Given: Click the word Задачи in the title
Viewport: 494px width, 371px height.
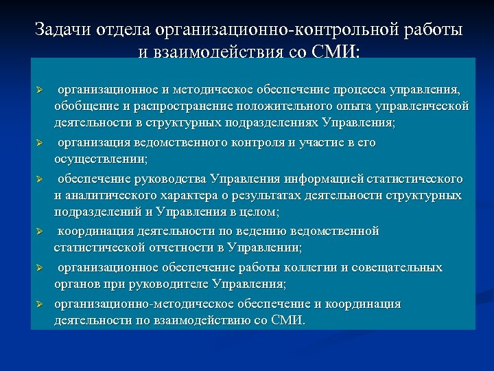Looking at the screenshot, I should click(60, 30).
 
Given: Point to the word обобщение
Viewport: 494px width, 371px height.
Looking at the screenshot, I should click(84, 106).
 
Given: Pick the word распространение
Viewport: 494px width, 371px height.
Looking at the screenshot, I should click(177, 106).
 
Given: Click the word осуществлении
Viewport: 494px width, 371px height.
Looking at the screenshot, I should click(100, 160).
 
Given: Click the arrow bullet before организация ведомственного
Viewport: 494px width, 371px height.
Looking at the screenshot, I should click(40, 143).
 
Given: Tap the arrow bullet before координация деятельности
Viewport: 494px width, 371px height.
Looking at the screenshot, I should click(40, 231).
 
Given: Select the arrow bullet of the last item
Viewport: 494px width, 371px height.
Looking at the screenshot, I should click(40, 304).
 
